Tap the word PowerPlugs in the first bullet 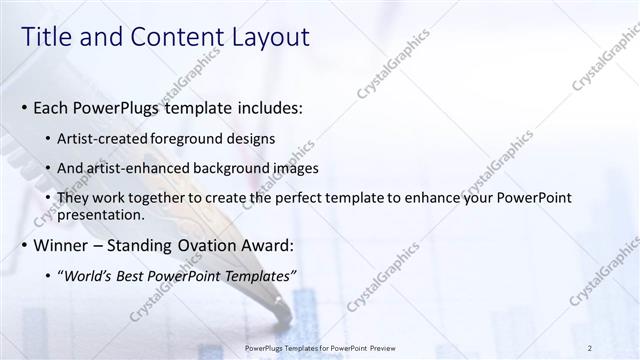(124, 108)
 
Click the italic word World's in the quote (91, 276)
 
